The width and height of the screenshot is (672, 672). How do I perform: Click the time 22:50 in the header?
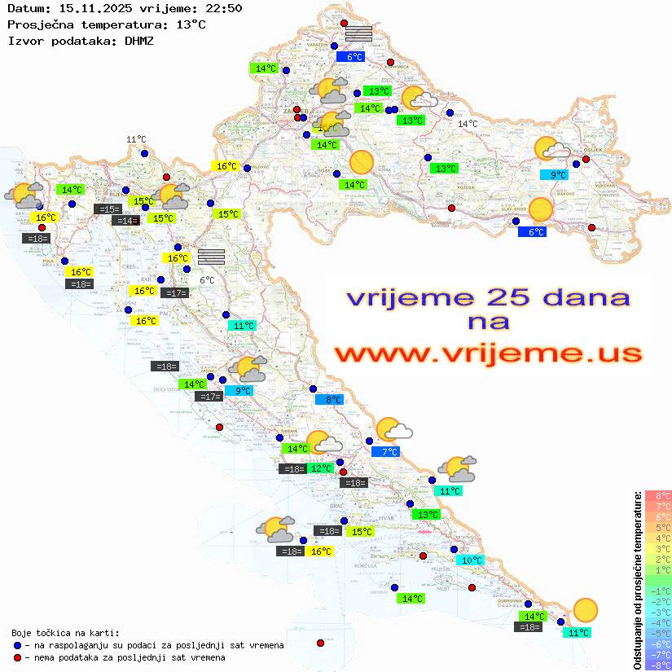(224, 8)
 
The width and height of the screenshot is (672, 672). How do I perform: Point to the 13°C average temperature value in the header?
(191, 24)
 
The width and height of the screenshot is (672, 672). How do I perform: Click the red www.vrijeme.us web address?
(488, 354)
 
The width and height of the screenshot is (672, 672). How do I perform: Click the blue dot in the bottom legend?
(17, 645)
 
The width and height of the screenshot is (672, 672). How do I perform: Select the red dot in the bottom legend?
(17, 657)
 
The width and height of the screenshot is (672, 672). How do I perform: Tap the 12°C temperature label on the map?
(321, 468)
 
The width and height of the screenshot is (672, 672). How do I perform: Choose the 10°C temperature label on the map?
(472, 560)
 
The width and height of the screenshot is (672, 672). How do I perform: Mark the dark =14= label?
(125, 220)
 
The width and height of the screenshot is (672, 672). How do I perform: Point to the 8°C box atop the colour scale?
(657, 496)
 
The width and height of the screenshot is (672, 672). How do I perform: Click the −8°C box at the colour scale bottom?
(657, 665)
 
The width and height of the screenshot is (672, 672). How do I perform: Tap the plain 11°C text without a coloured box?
(136, 139)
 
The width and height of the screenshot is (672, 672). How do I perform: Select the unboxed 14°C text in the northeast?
(468, 124)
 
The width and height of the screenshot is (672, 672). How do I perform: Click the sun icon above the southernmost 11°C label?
(584, 610)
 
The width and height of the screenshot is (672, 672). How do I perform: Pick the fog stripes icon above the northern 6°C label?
(358, 33)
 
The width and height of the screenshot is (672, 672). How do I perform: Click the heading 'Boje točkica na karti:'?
(64, 633)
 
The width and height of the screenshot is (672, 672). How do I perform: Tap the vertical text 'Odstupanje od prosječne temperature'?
(637, 580)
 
